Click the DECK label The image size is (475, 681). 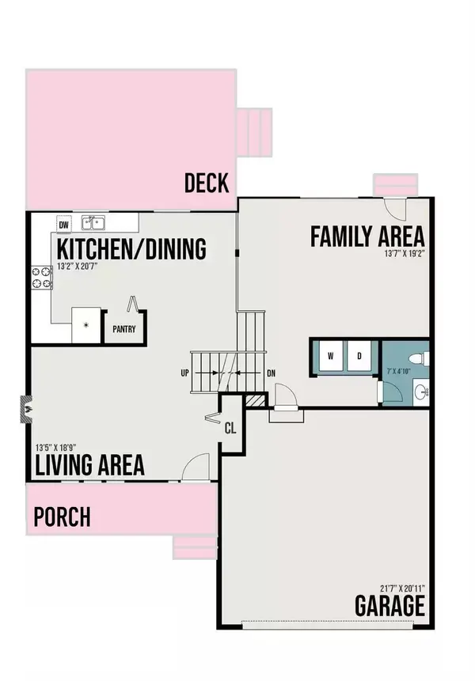tap(206, 183)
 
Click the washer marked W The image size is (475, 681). tap(329, 355)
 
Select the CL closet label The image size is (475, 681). tap(230, 429)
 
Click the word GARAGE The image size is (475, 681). tap(389, 607)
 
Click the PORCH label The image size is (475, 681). tap(62, 518)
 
